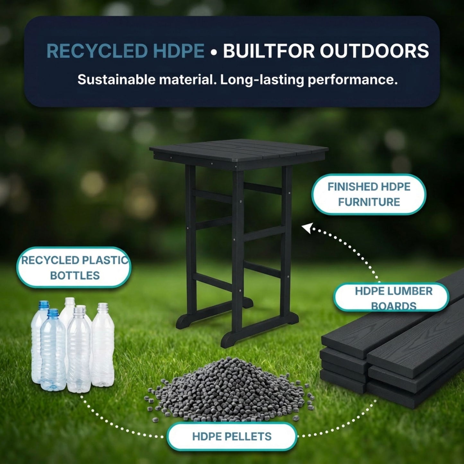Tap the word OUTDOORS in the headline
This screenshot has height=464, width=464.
click(374, 51)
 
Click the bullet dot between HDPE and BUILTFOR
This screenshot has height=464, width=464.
click(214, 52)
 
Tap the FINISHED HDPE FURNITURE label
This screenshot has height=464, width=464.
click(369, 194)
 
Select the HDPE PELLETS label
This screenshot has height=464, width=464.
click(232, 436)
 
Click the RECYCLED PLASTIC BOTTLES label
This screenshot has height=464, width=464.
click(74, 267)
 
